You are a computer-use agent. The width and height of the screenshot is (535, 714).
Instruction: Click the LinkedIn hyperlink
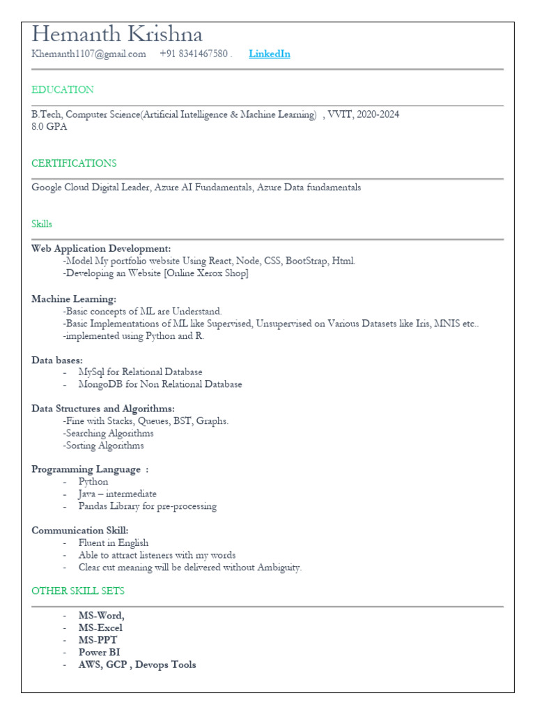269,54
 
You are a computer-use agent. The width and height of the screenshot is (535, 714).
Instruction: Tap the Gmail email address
88,54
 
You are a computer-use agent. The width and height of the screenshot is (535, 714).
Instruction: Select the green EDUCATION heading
63,89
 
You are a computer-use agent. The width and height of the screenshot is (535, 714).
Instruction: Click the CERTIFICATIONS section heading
74,163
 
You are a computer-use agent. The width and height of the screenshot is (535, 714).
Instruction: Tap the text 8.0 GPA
49,126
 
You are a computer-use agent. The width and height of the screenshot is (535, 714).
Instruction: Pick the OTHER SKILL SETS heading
78,591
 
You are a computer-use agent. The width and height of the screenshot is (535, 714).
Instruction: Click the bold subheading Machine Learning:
74,299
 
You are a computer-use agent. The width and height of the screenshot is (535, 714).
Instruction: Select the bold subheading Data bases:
57,360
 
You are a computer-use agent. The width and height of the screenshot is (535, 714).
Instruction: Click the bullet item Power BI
99,652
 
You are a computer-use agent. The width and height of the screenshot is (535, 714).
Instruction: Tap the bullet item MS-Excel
100,628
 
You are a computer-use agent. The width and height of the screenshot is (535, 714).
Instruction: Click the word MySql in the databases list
92,372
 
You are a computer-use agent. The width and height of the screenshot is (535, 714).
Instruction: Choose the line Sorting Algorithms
104,446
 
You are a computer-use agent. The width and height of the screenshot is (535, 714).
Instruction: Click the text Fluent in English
113,542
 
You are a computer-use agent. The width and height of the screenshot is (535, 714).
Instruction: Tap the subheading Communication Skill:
80,531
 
